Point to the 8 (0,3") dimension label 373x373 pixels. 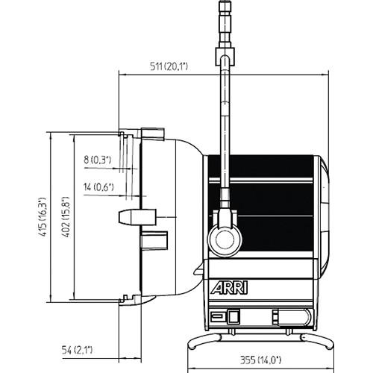97,159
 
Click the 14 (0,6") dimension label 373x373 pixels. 99,187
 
